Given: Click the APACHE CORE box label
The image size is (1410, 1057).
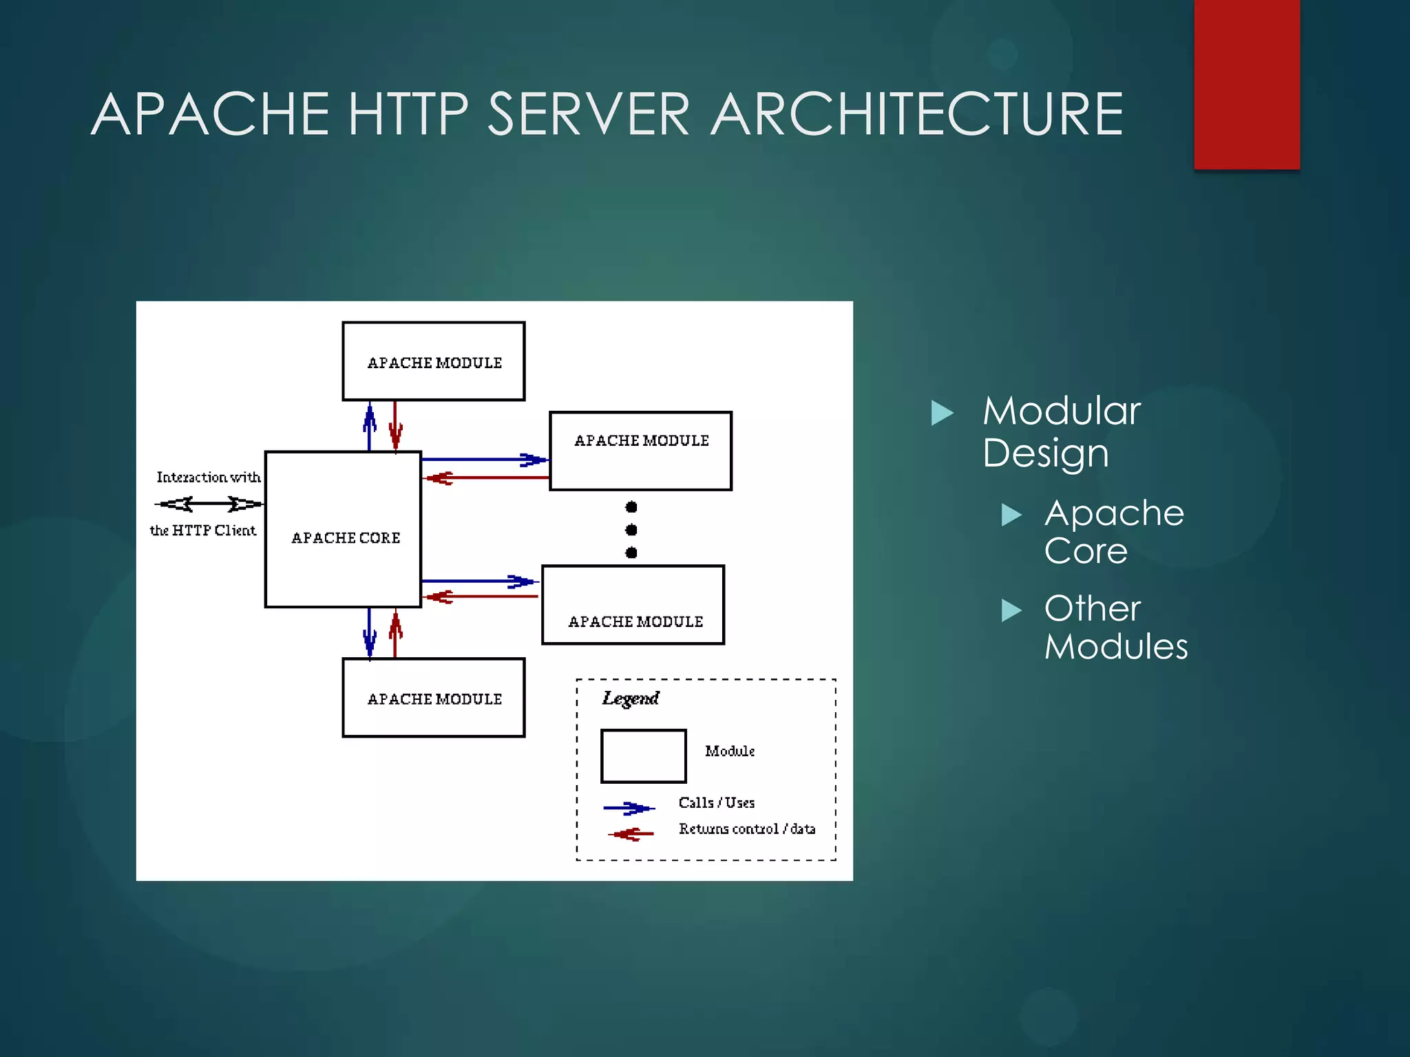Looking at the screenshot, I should point(346,537).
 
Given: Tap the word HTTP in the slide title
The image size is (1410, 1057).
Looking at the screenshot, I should point(408,114).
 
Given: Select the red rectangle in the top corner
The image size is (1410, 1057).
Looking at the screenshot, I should point(1246,84).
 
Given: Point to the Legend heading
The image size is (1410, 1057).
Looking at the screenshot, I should point(630,698).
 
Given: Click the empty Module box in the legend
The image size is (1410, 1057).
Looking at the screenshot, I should point(643,756).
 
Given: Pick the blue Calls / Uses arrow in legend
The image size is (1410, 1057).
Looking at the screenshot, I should point(629,808).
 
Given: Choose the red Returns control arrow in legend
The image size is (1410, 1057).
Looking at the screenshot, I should point(631,834).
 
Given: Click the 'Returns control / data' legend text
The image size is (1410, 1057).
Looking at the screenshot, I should point(747,829).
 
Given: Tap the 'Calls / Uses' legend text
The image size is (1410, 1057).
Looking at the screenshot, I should point(716,802).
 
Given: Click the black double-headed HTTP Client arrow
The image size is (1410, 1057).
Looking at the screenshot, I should point(209,504).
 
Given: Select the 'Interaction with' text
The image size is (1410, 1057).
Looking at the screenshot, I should point(209,477).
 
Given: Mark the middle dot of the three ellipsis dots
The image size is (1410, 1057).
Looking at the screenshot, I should point(631,530).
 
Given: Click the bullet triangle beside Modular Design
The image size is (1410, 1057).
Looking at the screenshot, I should point(942,413).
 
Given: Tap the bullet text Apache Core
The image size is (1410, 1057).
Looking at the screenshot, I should point(1113,531).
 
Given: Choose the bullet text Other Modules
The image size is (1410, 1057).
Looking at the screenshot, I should point(1115,627).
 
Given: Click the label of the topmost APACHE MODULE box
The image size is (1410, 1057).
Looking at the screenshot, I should point(434,363).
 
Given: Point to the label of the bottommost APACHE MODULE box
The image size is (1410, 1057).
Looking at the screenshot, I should point(434,699).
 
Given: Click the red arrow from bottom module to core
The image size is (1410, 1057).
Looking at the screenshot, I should point(395,633).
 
